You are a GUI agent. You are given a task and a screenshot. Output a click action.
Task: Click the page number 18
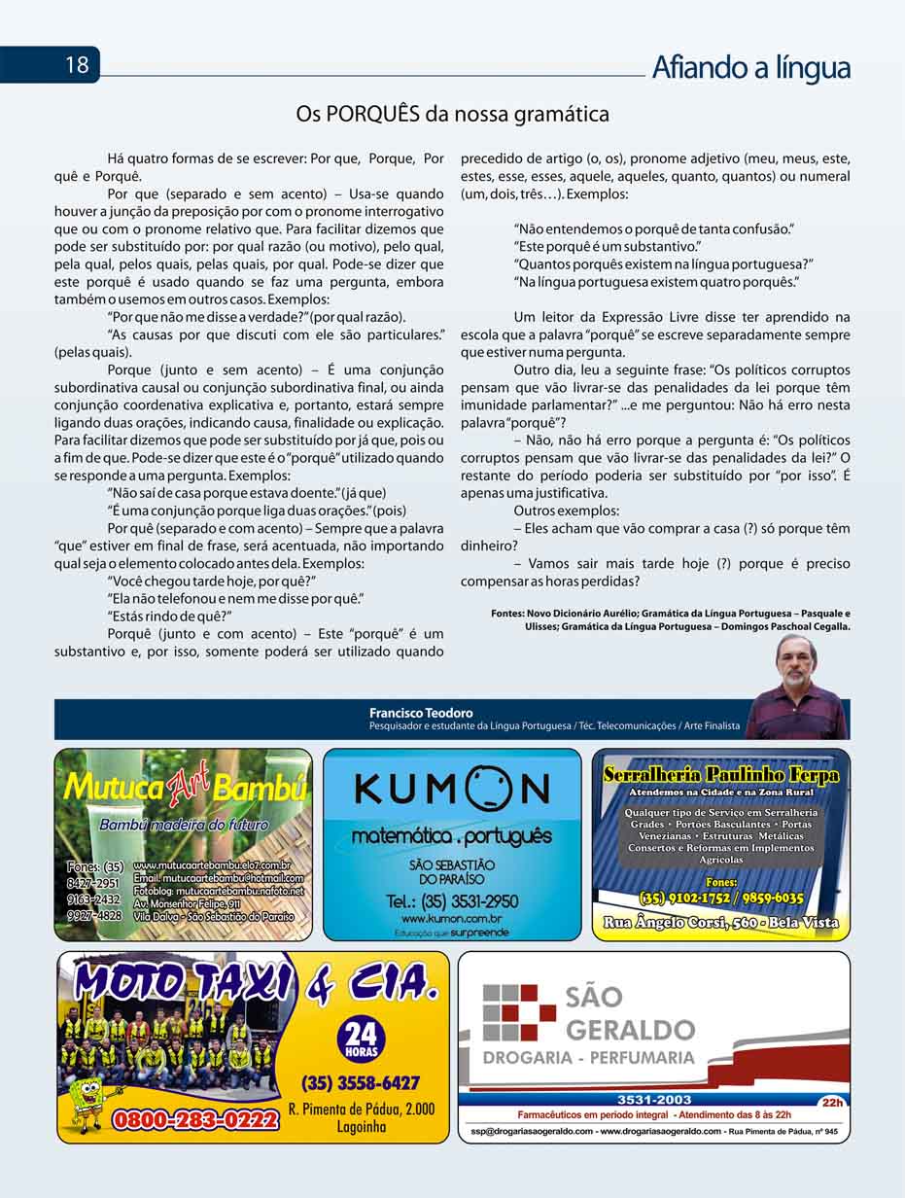pos(77,65)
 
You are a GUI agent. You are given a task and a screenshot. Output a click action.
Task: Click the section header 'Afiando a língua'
pos(750,67)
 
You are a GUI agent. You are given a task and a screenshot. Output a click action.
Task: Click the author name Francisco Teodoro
pos(421,713)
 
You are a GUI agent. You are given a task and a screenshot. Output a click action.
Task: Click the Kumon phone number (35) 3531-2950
pos(452,901)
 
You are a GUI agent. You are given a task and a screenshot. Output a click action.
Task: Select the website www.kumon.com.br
pos(451,918)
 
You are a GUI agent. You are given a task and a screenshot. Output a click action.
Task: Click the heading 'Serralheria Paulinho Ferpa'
pos(720,775)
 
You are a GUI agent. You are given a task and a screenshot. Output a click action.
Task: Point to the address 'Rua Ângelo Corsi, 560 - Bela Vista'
pos(720,922)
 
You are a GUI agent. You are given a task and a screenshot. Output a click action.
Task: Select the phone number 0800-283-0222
pos(196,1119)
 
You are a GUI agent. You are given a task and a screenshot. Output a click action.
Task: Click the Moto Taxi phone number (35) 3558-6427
pos(361,1082)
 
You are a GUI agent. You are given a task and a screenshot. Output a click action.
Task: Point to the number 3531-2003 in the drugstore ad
pos(653,1100)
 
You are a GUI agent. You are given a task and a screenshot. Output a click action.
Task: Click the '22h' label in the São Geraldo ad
pos(831,1102)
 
